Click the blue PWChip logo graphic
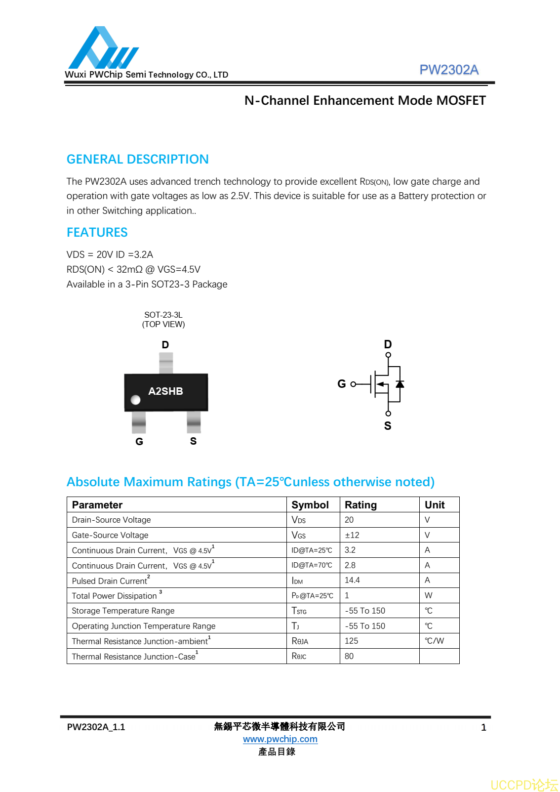point(103,48)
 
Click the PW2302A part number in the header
point(448,70)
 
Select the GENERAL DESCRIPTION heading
point(137,159)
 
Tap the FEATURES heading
point(97,232)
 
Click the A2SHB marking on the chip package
point(165,391)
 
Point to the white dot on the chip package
point(136,400)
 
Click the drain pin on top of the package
point(166,363)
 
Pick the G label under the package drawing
point(139,442)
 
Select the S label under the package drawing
point(193,441)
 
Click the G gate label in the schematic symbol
point(341,384)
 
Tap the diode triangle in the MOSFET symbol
point(400,384)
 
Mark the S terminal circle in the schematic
point(388,414)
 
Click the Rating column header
point(360,505)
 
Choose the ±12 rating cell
point(352,535)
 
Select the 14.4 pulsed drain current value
point(352,580)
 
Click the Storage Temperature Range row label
point(123,611)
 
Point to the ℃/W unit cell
point(434,641)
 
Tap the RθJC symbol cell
point(299,656)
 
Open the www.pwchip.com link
point(280,739)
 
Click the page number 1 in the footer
point(483,727)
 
